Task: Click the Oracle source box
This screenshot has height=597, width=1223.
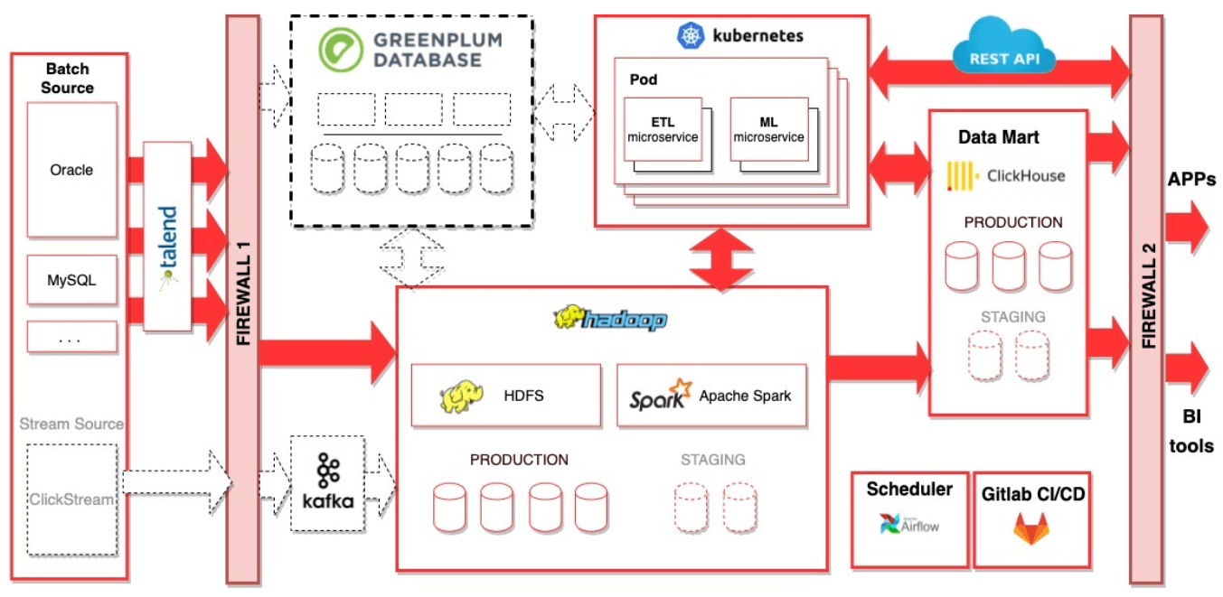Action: pyautogui.click(x=72, y=170)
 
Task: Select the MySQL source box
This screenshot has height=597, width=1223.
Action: pyautogui.click(x=72, y=279)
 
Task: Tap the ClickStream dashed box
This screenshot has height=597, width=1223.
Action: pyautogui.click(x=72, y=499)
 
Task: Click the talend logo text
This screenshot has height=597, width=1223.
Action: pyautogui.click(x=168, y=237)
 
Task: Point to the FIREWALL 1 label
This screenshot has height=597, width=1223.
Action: pyautogui.click(x=243, y=293)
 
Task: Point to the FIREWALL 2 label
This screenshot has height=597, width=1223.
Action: pyautogui.click(x=1149, y=295)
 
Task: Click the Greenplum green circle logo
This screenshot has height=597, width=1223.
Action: pyautogui.click(x=341, y=50)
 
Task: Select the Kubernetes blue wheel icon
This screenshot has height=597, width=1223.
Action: pyautogui.click(x=691, y=35)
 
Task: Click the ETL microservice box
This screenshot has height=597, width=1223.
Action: pyautogui.click(x=663, y=129)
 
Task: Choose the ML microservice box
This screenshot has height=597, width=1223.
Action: pyautogui.click(x=768, y=129)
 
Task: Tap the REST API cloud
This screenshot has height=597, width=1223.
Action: pyautogui.click(x=1004, y=48)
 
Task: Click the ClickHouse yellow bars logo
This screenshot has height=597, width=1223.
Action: pyautogui.click(x=960, y=176)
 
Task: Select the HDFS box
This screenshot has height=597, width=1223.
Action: pyautogui.click(x=506, y=395)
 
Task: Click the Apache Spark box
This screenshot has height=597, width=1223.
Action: pyautogui.click(x=711, y=395)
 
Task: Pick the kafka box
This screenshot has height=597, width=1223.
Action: pyautogui.click(x=327, y=483)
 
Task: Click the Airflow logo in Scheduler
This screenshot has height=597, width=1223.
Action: pyautogui.click(x=909, y=525)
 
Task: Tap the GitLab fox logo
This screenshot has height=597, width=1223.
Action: pyautogui.click(x=1031, y=528)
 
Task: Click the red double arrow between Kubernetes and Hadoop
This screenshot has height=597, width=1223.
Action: pyautogui.click(x=721, y=260)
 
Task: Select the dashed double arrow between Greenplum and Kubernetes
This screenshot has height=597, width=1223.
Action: pyautogui.click(x=563, y=113)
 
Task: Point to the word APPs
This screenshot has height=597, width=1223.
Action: pyautogui.click(x=1191, y=179)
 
